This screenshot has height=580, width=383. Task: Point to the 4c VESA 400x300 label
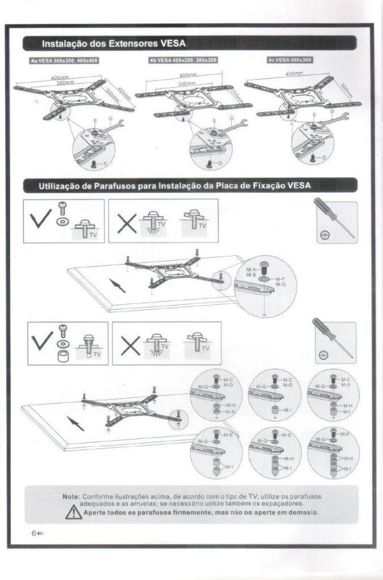tap(290, 60)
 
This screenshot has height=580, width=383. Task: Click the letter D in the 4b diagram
tap(220, 163)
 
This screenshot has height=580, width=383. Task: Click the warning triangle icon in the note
tap(73, 513)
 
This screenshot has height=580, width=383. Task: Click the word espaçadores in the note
tap(283, 504)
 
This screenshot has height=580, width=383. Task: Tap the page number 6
tap(34, 534)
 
